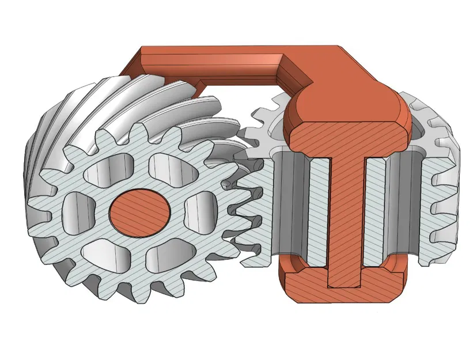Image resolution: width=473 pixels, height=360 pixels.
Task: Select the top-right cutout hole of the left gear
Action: [x=169, y=167]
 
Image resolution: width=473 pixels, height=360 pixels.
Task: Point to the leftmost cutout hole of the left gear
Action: [x=74, y=209]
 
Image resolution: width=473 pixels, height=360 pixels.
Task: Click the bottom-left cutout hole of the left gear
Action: [x=103, y=249]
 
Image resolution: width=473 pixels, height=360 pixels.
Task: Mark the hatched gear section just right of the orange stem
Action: [x=375, y=213]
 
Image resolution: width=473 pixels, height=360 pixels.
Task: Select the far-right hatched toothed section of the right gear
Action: [x=441, y=213]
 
